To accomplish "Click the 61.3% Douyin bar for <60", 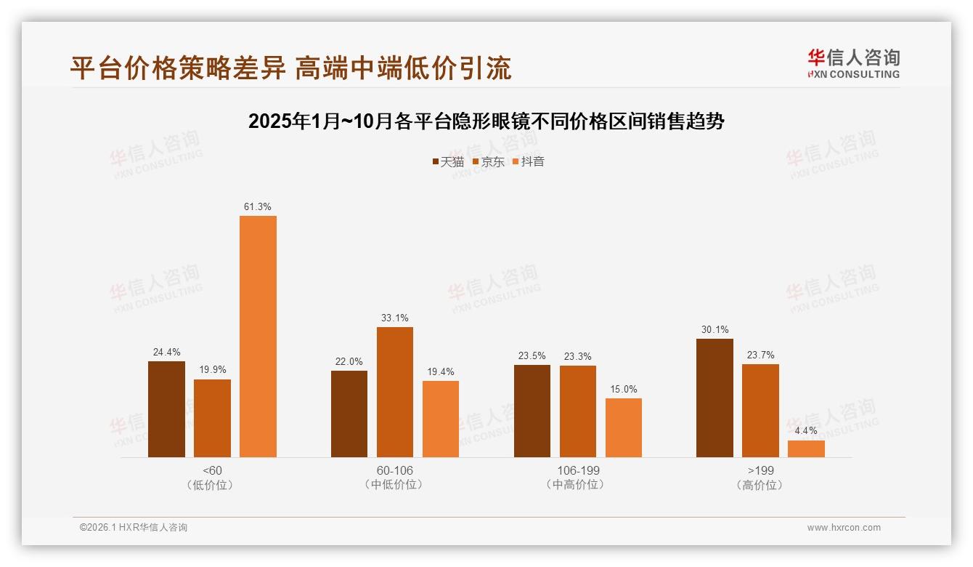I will point(258,337).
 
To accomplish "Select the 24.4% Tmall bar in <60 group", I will point(166,409).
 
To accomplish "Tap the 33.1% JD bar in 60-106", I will point(394,393).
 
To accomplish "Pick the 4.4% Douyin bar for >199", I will point(806,449).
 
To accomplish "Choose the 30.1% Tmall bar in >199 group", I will point(715,398).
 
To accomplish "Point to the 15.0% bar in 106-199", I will point(623,428).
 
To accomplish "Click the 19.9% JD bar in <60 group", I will point(212,418).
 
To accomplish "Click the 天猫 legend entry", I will point(448,162).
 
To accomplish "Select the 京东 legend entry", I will point(488,162).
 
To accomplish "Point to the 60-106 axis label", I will point(394,470).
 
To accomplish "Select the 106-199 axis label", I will point(578,470).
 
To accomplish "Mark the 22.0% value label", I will point(349,362).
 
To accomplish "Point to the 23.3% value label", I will point(577,356).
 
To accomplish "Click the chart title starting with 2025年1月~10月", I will point(486,121).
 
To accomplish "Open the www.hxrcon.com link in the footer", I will point(844,528).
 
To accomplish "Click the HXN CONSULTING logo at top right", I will point(853,64).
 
